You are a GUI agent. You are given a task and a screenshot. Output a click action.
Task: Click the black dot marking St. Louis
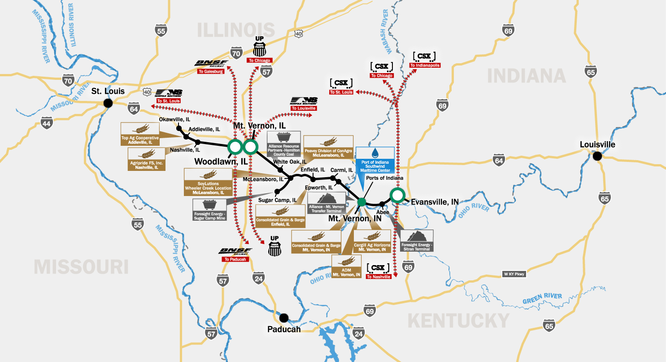[108, 103]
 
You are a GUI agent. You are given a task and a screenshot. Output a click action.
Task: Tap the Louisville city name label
[597, 144]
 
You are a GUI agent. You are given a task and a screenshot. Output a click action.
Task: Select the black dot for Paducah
[283, 318]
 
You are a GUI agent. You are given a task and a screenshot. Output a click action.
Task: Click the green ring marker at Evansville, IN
[397, 195]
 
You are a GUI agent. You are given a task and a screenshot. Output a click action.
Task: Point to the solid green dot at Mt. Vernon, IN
[362, 201]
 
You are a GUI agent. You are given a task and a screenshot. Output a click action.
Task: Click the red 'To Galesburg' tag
[211, 71]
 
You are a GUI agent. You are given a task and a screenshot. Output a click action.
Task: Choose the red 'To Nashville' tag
[379, 277]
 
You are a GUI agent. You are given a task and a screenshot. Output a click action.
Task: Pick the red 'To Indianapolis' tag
[424, 65]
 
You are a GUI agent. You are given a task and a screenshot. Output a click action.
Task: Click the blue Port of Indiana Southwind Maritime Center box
[375, 159]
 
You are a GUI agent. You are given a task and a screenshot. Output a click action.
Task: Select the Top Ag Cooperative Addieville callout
[140, 133]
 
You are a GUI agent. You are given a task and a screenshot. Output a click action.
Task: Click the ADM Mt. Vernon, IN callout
[346, 266]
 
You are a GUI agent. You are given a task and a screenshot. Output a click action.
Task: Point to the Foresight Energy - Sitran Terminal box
[417, 241]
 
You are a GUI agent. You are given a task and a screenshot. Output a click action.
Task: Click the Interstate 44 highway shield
[47, 122]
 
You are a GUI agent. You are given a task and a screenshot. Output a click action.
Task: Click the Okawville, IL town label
[174, 120]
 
